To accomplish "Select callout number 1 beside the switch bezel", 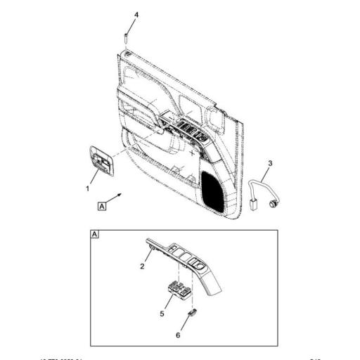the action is tap(87, 188).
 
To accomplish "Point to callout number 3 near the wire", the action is tap(269, 163).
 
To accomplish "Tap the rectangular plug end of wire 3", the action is tap(252, 206).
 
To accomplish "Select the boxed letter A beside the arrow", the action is tap(102, 206).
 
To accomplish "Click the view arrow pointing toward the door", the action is tap(120, 196).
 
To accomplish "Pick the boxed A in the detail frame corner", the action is tap(95, 233).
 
